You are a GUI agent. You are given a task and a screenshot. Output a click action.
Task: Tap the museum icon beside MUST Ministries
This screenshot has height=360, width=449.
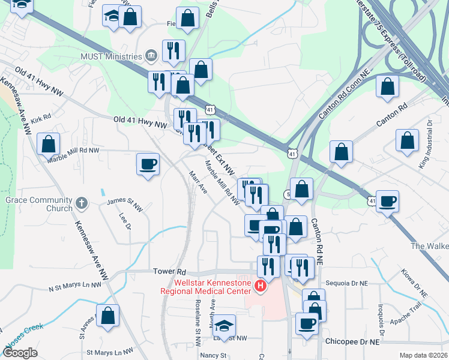coord(150,57)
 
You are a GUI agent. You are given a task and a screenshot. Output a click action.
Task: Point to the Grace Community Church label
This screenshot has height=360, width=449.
coord(39,204)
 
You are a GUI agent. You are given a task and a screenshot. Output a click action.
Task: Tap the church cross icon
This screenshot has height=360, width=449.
coord(81,203)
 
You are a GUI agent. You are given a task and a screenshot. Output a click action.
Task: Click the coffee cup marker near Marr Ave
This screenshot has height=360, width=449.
coord(148,164)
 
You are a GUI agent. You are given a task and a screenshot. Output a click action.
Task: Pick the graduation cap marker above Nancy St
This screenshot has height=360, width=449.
coord(224,326)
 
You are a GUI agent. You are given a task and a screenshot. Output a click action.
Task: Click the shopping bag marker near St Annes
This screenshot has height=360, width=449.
coord(107,316)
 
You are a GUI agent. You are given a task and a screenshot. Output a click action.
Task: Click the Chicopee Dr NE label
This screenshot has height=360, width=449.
coord(353,341)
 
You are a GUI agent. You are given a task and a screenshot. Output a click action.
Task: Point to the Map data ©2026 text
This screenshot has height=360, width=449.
coord(423,355)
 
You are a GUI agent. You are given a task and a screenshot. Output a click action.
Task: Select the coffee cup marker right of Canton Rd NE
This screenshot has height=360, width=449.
coord(388,202)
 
